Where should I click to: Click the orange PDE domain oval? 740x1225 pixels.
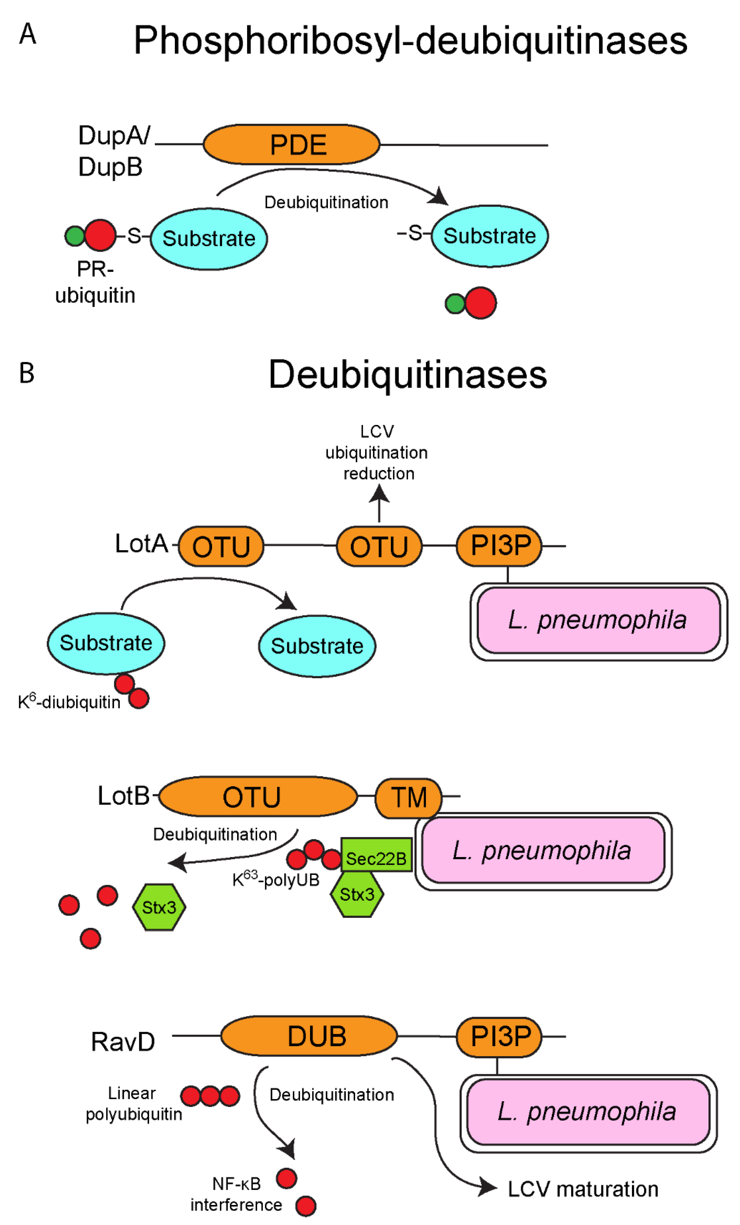click(x=291, y=145)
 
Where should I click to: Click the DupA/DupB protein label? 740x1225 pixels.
click(x=113, y=151)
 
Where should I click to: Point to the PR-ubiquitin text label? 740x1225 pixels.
click(x=95, y=282)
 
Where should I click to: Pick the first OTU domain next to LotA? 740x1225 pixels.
click(x=221, y=546)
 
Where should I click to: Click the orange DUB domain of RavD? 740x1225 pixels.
click(x=309, y=1036)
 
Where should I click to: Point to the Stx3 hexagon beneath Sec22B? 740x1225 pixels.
click(x=357, y=894)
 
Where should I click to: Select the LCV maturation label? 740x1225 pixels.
click(x=582, y=1189)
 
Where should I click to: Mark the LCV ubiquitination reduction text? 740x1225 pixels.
click(x=377, y=452)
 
